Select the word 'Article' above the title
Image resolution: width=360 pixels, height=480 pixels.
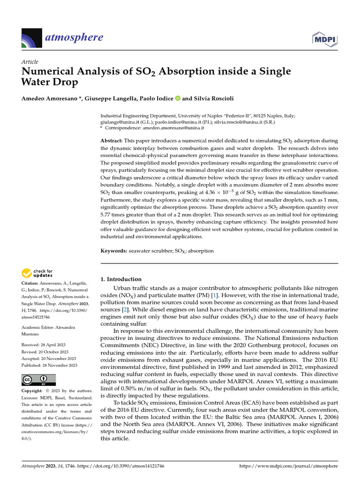click(30, 62)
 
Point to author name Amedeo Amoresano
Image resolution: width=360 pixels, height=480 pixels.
click(48, 98)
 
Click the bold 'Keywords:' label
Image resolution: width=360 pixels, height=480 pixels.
click(114, 251)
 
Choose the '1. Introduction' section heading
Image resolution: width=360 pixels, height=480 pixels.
click(121, 279)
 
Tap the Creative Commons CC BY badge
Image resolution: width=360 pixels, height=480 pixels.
click(38, 380)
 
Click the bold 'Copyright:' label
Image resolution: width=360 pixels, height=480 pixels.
click(33, 391)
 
